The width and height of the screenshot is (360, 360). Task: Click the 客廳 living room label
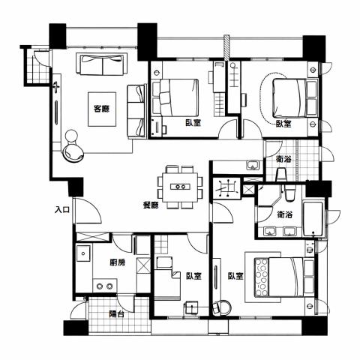[x=101, y=109]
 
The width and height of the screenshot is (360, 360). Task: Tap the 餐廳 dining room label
[x=151, y=205]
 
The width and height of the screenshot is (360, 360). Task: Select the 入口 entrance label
[x=62, y=209]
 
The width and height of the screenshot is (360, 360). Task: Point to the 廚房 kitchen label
[x=118, y=262]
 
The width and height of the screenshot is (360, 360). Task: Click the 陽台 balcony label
[x=117, y=313]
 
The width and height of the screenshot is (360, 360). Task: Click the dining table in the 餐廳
[x=180, y=187]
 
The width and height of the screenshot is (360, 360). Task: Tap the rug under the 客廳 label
[x=102, y=109]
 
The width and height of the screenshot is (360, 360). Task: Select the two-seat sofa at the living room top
[x=101, y=64]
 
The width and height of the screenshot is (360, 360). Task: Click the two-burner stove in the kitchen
[x=105, y=286]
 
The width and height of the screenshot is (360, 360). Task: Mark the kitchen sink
[x=83, y=253]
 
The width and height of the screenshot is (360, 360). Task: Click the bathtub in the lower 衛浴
[x=313, y=220]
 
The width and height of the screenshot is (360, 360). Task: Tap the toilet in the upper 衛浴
[x=281, y=175]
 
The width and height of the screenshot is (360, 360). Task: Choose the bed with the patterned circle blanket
[x=279, y=277]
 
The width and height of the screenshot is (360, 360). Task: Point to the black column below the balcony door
[x=76, y=328]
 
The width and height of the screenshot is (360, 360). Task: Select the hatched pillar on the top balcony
[x=226, y=48]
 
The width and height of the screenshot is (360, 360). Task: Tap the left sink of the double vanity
[x=270, y=231]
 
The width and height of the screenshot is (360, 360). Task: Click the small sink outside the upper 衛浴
[x=253, y=165]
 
